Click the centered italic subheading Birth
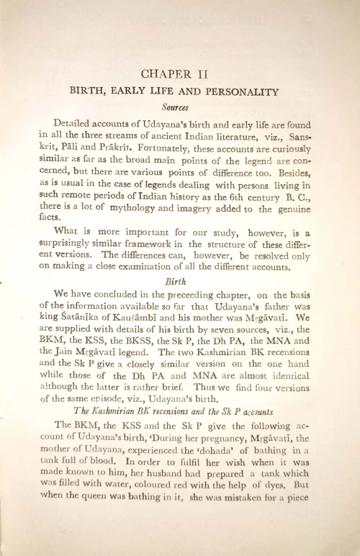click(x=176, y=282)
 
